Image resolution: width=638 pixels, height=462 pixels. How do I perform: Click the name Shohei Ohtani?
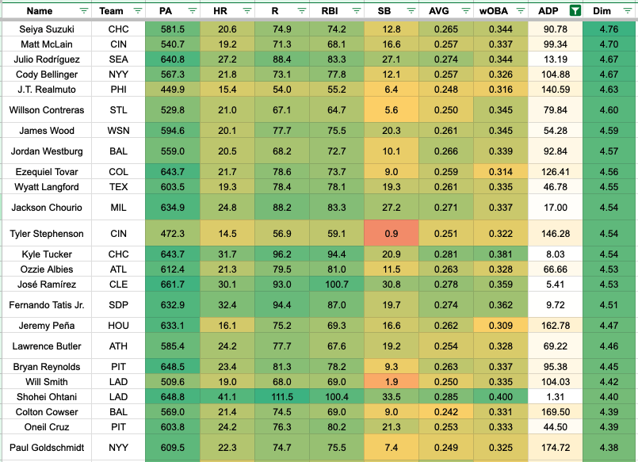click(x=45, y=397)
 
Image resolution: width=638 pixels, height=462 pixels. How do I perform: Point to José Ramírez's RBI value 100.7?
click(x=330, y=284)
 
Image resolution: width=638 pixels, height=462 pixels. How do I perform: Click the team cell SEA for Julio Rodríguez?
click(x=112, y=59)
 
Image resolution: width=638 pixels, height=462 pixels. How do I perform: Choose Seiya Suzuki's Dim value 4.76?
click(x=609, y=29)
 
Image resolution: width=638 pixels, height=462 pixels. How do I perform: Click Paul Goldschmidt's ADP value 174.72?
click(x=555, y=448)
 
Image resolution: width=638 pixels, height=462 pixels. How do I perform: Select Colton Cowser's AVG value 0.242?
click(x=443, y=412)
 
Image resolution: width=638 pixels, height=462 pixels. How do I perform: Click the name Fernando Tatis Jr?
click(x=45, y=305)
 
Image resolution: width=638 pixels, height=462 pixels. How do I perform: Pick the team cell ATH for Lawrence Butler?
click(x=112, y=346)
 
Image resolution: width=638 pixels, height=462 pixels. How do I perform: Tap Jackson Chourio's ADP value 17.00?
click(x=555, y=208)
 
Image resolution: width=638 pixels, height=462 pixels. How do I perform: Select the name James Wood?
click(x=45, y=130)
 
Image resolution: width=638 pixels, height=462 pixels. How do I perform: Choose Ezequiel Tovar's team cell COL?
click(x=112, y=171)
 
